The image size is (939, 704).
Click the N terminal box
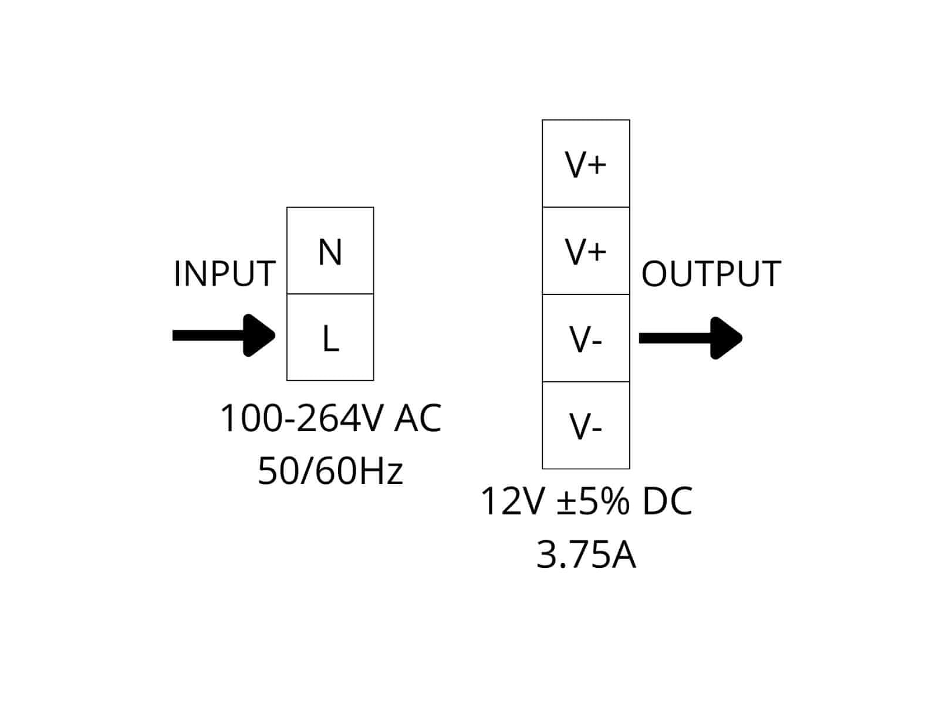coord(330,251)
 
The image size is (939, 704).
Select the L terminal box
coord(330,337)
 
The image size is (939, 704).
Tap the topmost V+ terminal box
coord(586,164)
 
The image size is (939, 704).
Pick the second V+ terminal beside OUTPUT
coord(586,251)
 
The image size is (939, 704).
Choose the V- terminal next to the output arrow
coord(586,338)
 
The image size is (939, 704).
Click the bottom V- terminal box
coord(586,425)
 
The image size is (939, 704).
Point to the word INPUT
coord(225,273)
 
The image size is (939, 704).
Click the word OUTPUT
coord(711,273)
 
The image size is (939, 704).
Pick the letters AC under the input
coord(418,418)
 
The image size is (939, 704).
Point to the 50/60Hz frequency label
coord(330,471)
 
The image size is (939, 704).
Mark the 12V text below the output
coord(510,502)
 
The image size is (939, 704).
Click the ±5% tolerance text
coord(592,502)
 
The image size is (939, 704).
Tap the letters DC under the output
coord(667,502)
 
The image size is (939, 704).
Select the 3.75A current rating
coord(586,554)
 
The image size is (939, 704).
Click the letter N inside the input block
coord(330,253)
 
